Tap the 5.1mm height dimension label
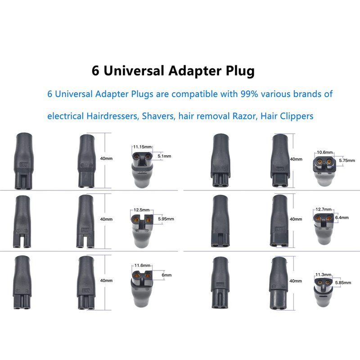pyautogui.click(x=165, y=156)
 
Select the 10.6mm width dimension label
pyautogui.click(x=324, y=152)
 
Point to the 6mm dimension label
pyautogui.click(x=166, y=275)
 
